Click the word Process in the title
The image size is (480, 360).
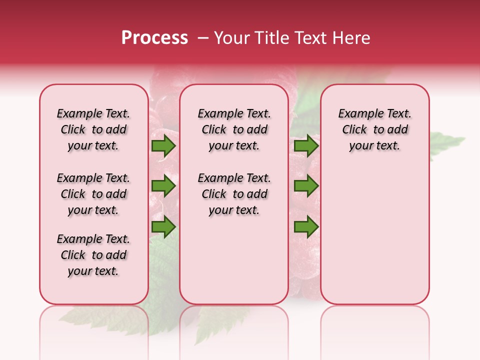[x=154, y=38]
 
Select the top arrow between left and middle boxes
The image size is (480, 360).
[x=163, y=146]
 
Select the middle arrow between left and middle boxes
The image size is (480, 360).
[x=163, y=186]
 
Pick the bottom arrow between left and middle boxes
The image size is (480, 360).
[x=163, y=227]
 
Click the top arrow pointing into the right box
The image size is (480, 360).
[x=306, y=146]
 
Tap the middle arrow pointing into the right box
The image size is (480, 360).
[x=306, y=186]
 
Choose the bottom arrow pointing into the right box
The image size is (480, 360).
[x=306, y=227]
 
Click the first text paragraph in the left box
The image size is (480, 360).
[x=93, y=130]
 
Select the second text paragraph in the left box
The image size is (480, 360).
[x=93, y=194]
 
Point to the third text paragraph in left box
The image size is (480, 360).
[x=93, y=255]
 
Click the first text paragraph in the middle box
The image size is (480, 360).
[x=234, y=130]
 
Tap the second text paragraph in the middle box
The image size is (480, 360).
[x=234, y=194]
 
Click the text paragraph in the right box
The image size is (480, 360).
[x=375, y=130]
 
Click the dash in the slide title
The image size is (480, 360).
[x=203, y=38]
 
